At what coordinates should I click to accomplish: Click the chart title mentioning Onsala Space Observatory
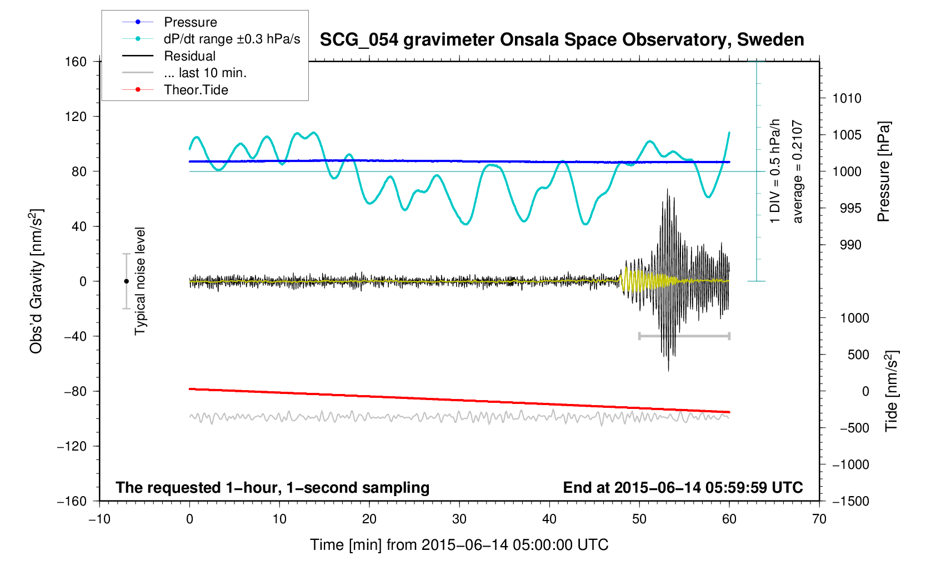pos(562,40)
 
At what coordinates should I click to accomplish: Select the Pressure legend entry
pos(190,22)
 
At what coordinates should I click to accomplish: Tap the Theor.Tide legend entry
pos(196,90)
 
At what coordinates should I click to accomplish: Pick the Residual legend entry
pos(189,56)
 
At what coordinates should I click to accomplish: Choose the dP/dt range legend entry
pos(232,39)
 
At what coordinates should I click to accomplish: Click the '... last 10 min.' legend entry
pos(205,73)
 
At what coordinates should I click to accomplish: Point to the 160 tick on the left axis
pos(76,62)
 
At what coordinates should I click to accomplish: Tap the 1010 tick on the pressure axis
pos(847,99)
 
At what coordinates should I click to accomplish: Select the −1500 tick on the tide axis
pos(850,501)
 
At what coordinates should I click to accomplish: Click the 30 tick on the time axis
pos(459,519)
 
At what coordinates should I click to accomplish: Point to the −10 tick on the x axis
pos(99,519)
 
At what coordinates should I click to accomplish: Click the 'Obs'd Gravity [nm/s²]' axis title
pos(36,281)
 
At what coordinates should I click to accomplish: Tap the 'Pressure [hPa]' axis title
pos(883,171)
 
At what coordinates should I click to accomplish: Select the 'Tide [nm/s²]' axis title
pos(891,391)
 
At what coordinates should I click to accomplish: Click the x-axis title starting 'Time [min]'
pos(459,545)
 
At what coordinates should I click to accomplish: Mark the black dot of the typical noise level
pos(127,281)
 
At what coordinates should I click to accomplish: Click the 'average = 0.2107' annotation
pos(798,171)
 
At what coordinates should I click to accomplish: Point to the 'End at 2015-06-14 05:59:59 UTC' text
pos(683,488)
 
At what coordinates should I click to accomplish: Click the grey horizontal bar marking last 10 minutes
pos(684,336)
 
